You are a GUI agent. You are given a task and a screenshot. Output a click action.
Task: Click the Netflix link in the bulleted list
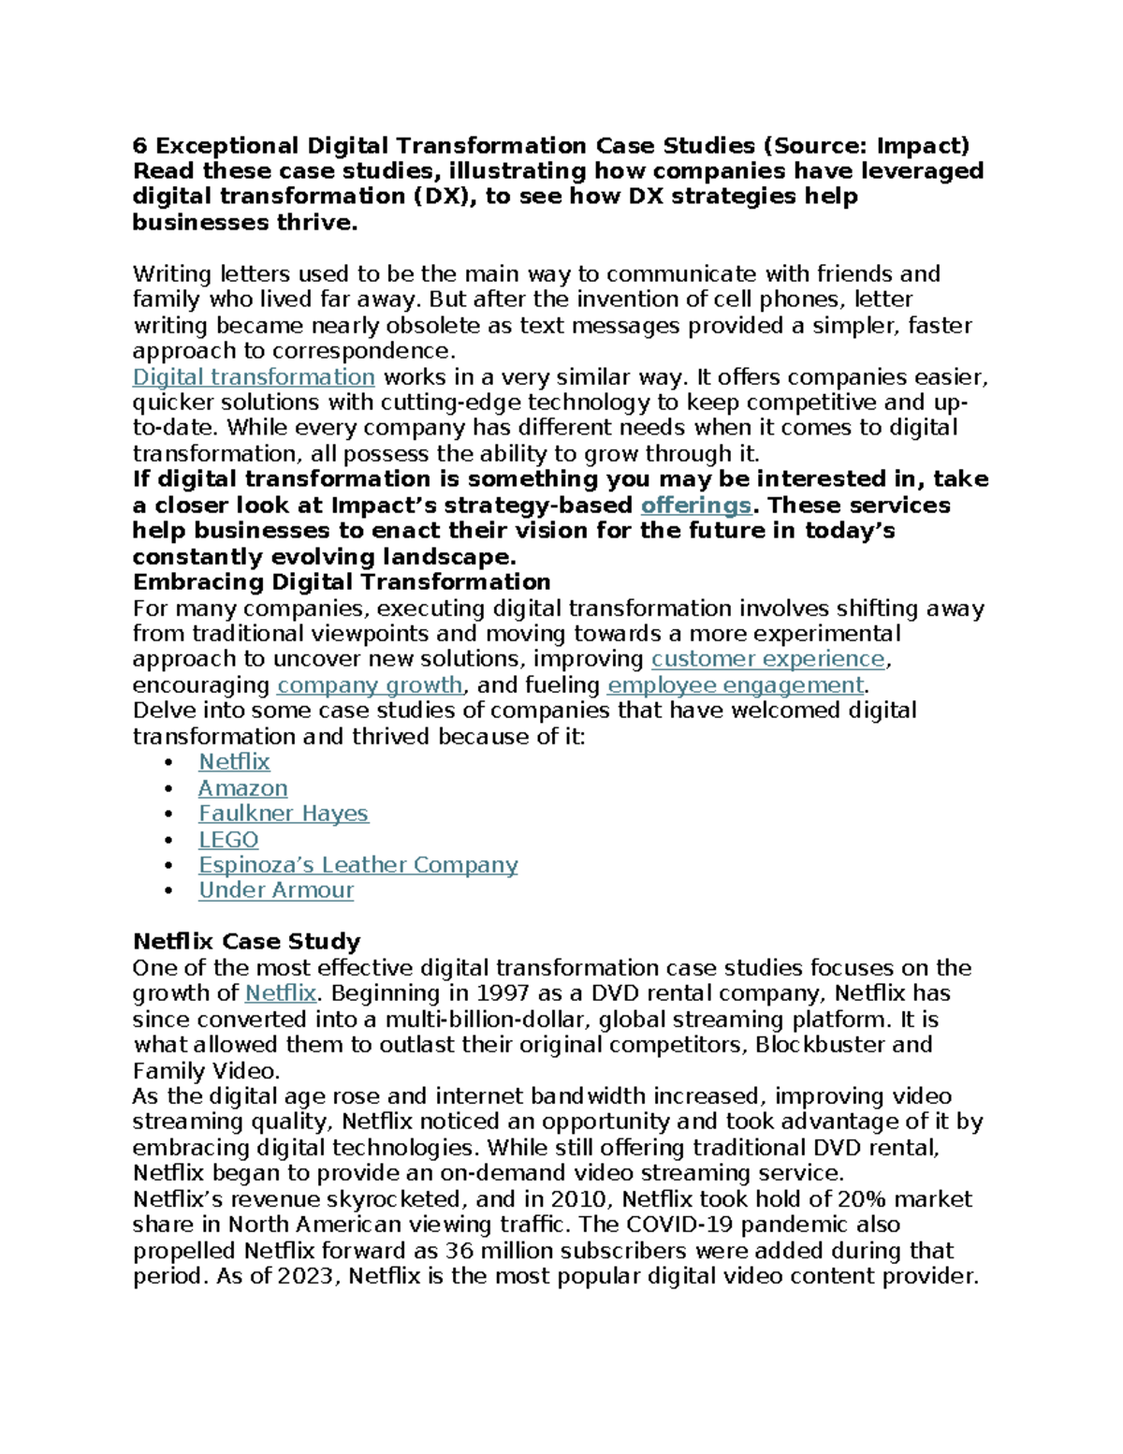[234, 762]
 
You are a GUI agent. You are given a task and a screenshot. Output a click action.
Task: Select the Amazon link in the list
[242, 788]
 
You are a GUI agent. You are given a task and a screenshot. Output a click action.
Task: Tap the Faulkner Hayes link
[283, 814]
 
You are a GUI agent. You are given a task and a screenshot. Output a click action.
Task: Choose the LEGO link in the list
[228, 840]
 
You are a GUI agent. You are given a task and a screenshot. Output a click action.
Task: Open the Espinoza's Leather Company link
[357, 865]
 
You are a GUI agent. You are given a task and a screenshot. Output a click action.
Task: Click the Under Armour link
[276, 890]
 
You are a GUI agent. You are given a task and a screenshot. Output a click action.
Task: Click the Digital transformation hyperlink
[254, 377]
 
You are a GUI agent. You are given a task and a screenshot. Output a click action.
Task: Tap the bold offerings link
[695, 506]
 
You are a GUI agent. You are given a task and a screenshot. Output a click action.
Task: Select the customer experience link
[768, 659]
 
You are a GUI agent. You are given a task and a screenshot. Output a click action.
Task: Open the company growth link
[370, 685]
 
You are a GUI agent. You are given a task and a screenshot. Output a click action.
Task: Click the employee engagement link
[736, 685]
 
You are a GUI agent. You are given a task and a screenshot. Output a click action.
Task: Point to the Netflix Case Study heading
[246, 942]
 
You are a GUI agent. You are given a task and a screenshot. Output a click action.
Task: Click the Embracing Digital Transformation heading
[342, 582]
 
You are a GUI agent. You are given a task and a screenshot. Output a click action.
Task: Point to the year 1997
[504, 993]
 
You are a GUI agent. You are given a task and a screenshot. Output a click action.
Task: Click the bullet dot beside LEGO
[168, 841]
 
